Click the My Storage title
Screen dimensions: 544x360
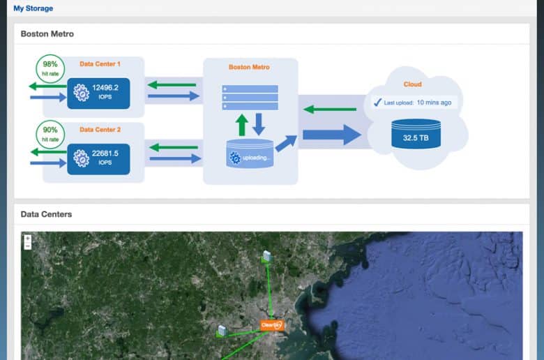coord(33,8)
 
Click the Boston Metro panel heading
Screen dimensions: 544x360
coord(47,33)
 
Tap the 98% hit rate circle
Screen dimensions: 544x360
coord(50,68)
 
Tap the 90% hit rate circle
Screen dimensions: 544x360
coord(50,135)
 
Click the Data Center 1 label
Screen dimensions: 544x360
coord(100,64)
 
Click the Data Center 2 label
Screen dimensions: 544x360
coord(100,130)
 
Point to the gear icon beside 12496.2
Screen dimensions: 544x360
coord(82,93)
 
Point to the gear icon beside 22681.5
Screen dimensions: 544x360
coord(82,158)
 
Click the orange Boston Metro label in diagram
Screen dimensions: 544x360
coord(249,67)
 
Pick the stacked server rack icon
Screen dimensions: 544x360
coord(250,98)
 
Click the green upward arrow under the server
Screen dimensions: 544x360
coord(242,125)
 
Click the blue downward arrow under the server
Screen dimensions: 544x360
coord(259,124)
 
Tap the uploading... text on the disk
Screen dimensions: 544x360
coord(256,158)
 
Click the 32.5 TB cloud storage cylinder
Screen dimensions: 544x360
coord(416,134)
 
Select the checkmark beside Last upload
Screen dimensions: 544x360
coord(377,102)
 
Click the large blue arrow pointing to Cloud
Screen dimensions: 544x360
coord(332,135)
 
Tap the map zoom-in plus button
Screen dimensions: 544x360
coord(28,239)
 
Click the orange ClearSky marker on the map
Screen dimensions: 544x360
coord(272,325)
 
